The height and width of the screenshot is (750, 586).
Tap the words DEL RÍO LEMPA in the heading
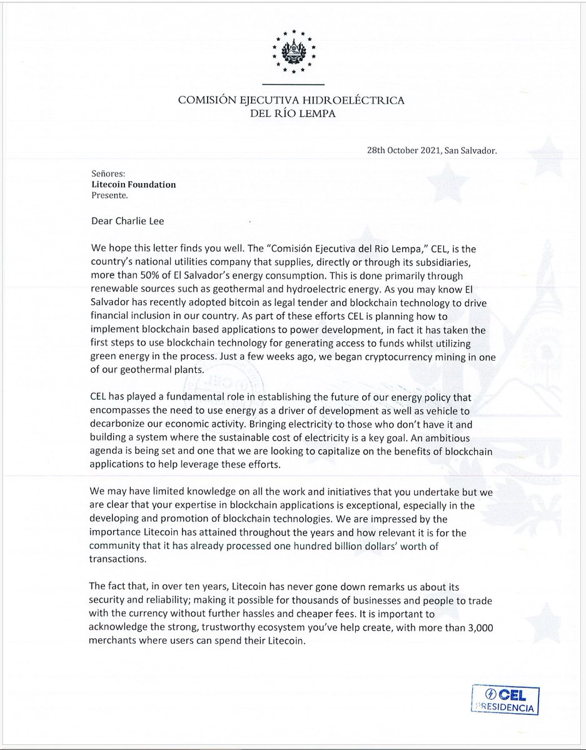point(292,114)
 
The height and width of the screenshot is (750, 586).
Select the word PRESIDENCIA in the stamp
point(507,708)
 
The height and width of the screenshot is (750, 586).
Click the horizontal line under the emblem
point(292,84)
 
